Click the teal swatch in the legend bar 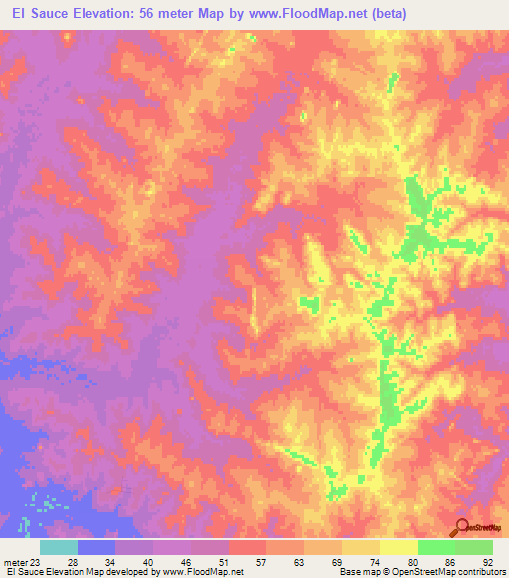tap(59, 547)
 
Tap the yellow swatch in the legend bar tap(399, 547)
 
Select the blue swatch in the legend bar tap(96, 547)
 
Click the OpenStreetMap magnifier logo tap(461, 527)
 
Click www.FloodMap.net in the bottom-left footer tap(203, 572)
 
